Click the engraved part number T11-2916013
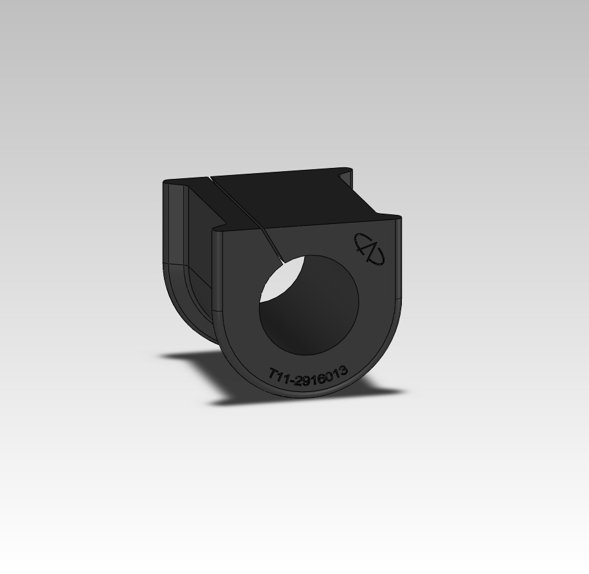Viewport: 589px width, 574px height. (x=308, y=376)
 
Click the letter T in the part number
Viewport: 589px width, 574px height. (x=273, y=374)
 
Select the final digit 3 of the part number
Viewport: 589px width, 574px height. (x=343, y=370)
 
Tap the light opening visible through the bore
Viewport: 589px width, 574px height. (x=282, y=280)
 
